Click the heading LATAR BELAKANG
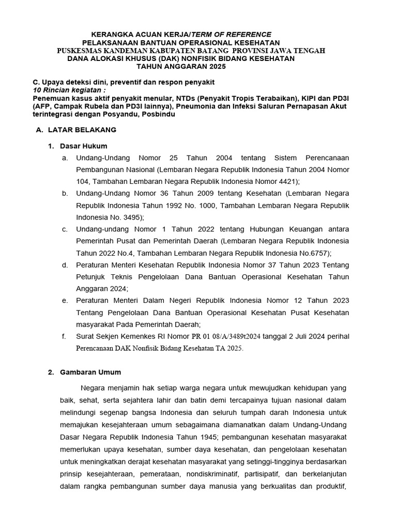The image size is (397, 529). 82,130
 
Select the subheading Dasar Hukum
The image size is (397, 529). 83,146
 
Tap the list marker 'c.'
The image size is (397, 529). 65,229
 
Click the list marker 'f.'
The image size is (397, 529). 64,336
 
